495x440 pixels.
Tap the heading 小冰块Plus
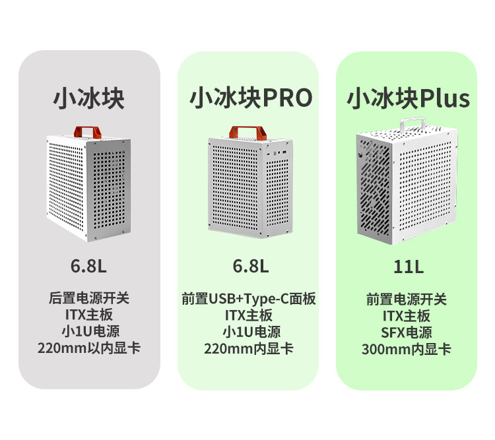tap(409, 99)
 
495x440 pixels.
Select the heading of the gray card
tap(89, 98)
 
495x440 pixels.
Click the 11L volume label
tap(408, 267)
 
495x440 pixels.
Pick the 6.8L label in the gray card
tap(88, 267)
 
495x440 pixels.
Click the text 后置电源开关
tap(89, 298)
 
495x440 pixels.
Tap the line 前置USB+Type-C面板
tap(249, 299)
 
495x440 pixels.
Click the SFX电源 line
tap(407, 332)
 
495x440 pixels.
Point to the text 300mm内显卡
tap(407, 350)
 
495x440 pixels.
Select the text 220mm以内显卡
tap(89, 348)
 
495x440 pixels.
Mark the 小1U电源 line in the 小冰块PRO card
tap(249, 332)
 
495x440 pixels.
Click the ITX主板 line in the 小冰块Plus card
tap(407, 316)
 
